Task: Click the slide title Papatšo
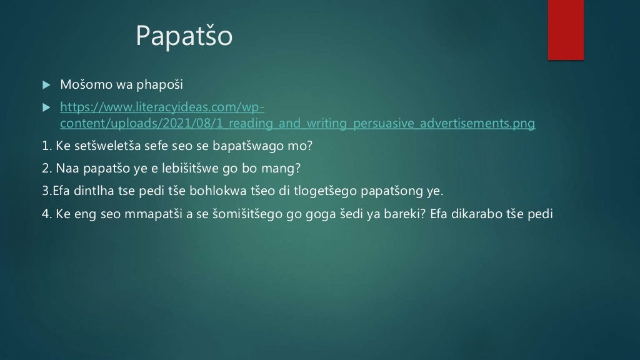[184, 37]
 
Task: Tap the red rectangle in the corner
[566, 29]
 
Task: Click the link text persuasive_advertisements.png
[444, 123]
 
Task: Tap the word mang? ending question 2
[285, 168]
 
